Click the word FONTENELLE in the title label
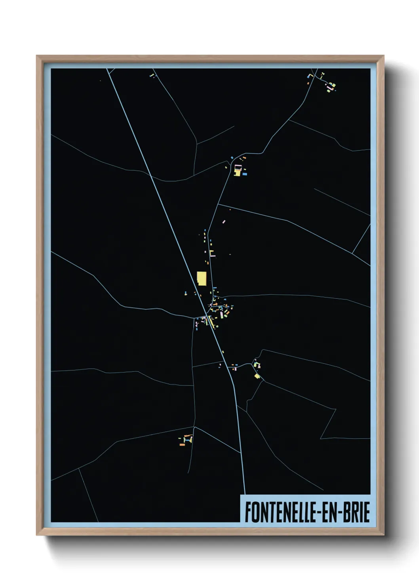(280, 512)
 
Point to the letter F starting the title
(248, 512)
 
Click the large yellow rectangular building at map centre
(202, 278)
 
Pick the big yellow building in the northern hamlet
(237, 172)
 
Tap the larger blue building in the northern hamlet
(244, 174)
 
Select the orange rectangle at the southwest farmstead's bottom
(182, 445)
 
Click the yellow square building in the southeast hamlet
(257, 376)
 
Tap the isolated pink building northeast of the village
(224, 221)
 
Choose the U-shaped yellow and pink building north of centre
(211, 254)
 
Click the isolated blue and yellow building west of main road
(185, 293)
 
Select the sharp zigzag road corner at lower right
(321, 438)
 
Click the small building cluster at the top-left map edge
(152, 75)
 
